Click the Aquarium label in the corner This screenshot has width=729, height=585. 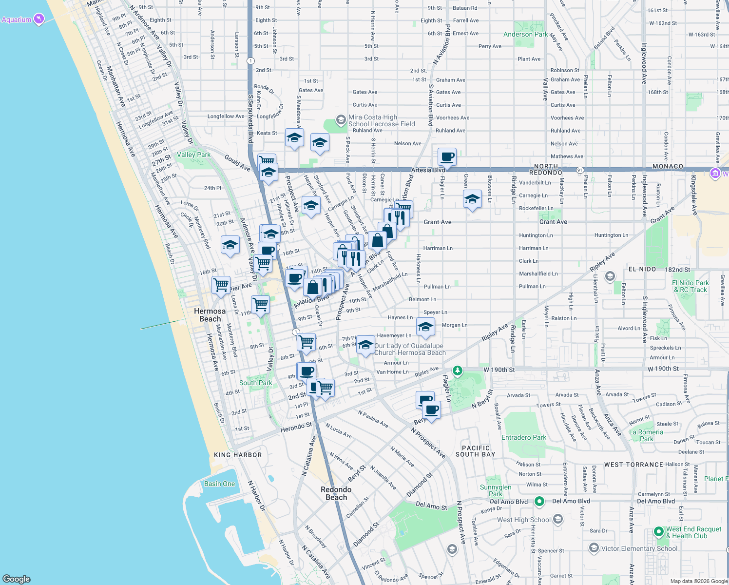point(17,20)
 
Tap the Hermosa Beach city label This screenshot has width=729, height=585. point(210,315)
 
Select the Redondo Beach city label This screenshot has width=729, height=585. point(336,493)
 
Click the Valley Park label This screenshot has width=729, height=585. point(193,155)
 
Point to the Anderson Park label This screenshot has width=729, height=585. point(525,34)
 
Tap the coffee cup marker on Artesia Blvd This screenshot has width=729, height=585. point(447,157)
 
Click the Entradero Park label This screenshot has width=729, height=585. point(524,437)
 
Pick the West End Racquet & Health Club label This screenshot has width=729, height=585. point(693,532)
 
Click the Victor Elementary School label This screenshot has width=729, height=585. point(639,548)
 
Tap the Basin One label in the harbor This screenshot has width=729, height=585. point(219,484)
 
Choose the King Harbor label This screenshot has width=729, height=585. point(238,455)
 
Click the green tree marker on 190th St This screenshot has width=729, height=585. point(457,371)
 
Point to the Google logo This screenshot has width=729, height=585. point(17,579)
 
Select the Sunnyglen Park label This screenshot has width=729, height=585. point(496,490)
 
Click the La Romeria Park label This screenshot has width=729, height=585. point(646,435)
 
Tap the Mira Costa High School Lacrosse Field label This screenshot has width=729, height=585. point(381,120)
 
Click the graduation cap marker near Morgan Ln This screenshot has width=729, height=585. point(425,327)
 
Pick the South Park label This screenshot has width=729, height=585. point(255,383)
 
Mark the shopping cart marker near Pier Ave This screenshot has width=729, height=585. point(221,284)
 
